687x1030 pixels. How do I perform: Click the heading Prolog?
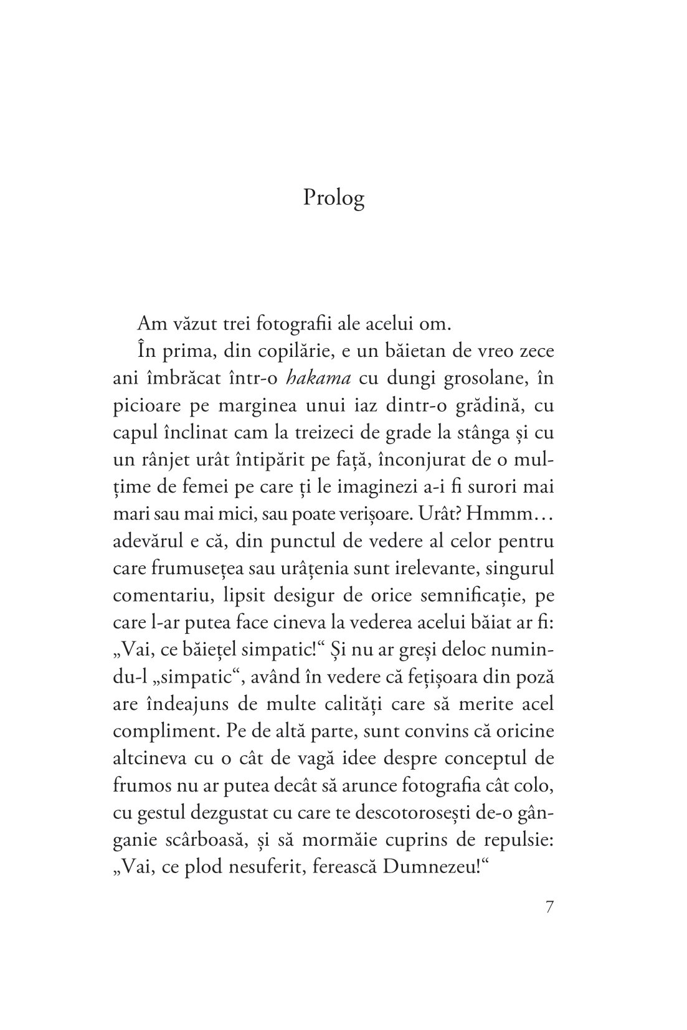pyautogui.click(x=333, y=198)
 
